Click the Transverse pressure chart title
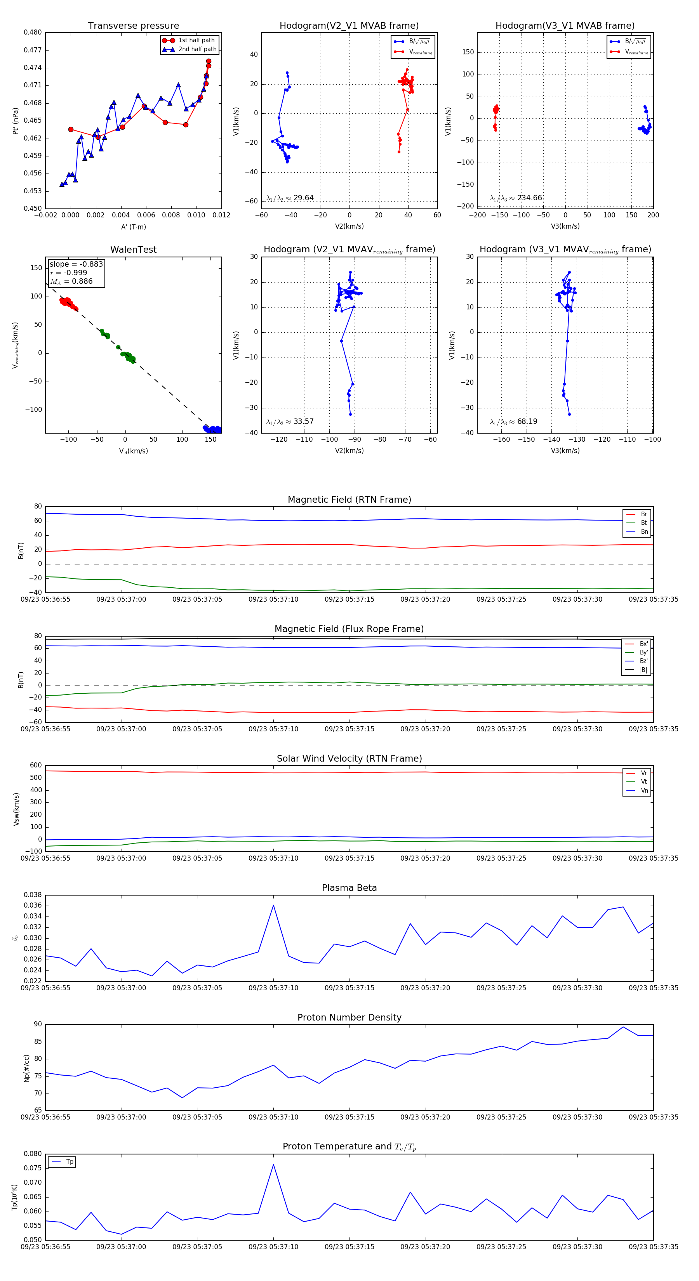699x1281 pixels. (x=133, y=26)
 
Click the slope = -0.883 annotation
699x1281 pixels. (x=76, y=264)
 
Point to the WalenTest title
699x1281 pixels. (x=133, y=250)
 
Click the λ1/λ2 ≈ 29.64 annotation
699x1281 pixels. (x=290, y=198)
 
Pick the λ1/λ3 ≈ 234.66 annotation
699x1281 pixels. (x=516, y=198)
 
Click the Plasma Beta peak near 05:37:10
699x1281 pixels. (x=273, y=905)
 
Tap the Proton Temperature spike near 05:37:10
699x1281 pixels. (x=273, y=1164)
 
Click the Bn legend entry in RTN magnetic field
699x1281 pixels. (x=644, y=531)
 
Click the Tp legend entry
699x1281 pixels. (x=69, y=1162)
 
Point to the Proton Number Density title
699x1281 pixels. (x=349, y=1017)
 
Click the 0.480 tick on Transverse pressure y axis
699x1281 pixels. (x=33, y=32)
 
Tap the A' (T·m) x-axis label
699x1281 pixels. (x=133, y=227)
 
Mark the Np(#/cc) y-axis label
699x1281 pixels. (x=26, y=1068)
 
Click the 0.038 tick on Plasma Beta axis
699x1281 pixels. (x=33, y=895)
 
